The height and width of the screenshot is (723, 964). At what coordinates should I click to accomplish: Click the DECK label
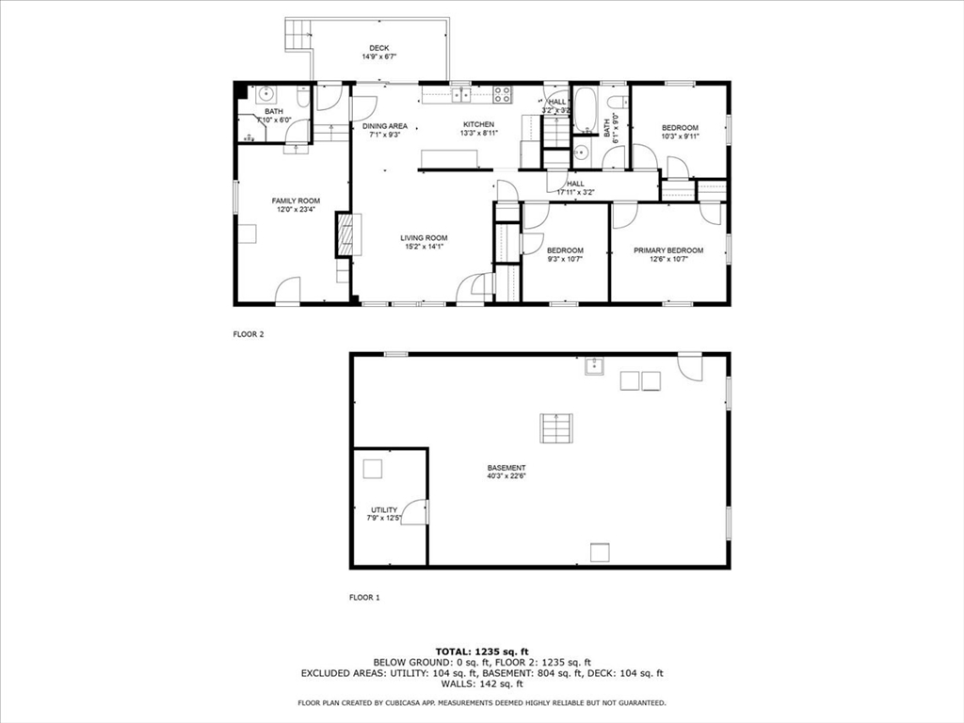pos(378,48)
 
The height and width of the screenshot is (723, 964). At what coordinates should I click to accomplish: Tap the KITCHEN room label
pos(477,125)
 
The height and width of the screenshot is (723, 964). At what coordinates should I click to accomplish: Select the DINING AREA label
pos(384,125)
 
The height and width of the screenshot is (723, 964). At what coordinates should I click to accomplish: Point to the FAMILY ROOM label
pos(296,201)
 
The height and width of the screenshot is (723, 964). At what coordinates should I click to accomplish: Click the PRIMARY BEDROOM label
pos(667,249)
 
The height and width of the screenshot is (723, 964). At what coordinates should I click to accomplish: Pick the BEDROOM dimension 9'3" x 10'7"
pos(565,259)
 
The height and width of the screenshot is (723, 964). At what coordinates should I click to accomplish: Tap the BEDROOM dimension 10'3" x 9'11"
pos(680,137)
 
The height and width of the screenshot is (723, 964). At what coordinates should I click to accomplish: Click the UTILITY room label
pos(384,509)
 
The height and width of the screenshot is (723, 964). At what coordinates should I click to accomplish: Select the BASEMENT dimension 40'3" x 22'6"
pos(506,476)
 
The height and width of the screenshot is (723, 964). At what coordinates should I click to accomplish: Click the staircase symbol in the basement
pos(554,428)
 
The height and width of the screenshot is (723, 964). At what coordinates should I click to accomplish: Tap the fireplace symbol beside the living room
pos(345,234)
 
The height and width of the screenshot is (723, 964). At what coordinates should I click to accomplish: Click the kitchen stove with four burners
pos(503,93)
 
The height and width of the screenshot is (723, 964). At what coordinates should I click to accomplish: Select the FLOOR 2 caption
pos(249,333)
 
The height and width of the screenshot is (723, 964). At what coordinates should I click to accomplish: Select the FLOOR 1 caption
pos(364,597)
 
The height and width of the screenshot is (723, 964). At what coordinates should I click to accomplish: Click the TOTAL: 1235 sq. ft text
pos(482,651)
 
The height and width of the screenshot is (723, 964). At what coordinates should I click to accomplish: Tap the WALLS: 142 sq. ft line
pos(482,684)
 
